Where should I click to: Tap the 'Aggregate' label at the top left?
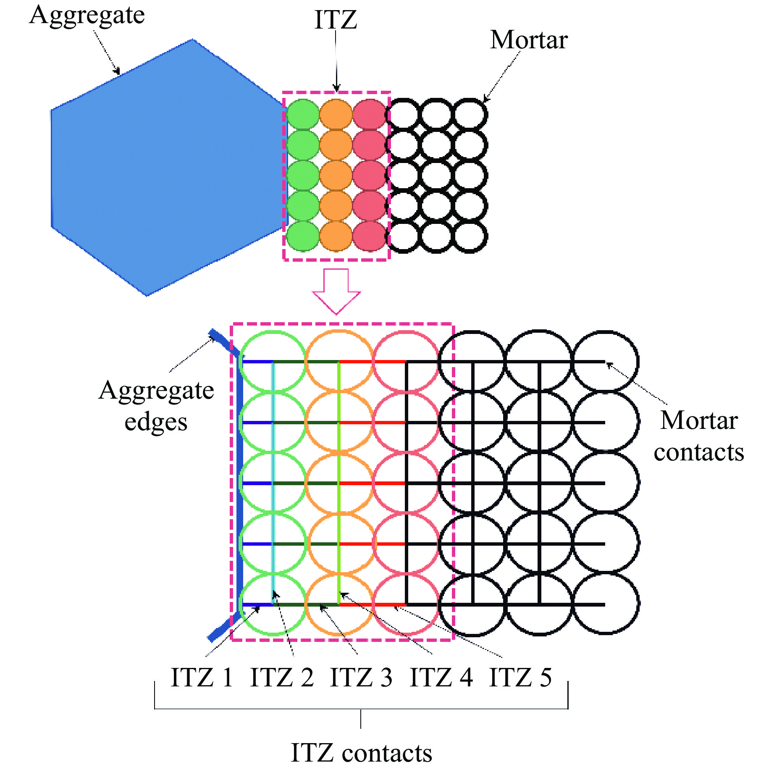click(x=87, y=16)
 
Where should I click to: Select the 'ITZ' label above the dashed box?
click(x=336, y=20)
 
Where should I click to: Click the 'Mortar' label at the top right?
click(x=529, y=40)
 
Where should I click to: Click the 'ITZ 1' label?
click(x=202, y=677)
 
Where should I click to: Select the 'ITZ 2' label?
click(x=281, y=677)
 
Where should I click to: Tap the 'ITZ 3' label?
click(x=361, y=677)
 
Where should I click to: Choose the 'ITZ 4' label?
click(x=441, y=677)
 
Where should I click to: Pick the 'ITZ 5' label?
click(x=520, y=677)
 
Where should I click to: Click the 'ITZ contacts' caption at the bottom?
click(x=361, y=753)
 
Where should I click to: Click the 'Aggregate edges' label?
click(x=156, y=406)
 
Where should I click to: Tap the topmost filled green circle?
click(x=302, y=114)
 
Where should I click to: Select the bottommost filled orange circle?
click(x=336, y=236)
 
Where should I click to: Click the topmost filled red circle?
click(x=369, y=114)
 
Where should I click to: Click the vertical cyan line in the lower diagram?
click(x=273, y=483)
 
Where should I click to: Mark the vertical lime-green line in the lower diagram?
click(x=339, y=483)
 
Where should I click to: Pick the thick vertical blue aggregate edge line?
click(x=240, y=483)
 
